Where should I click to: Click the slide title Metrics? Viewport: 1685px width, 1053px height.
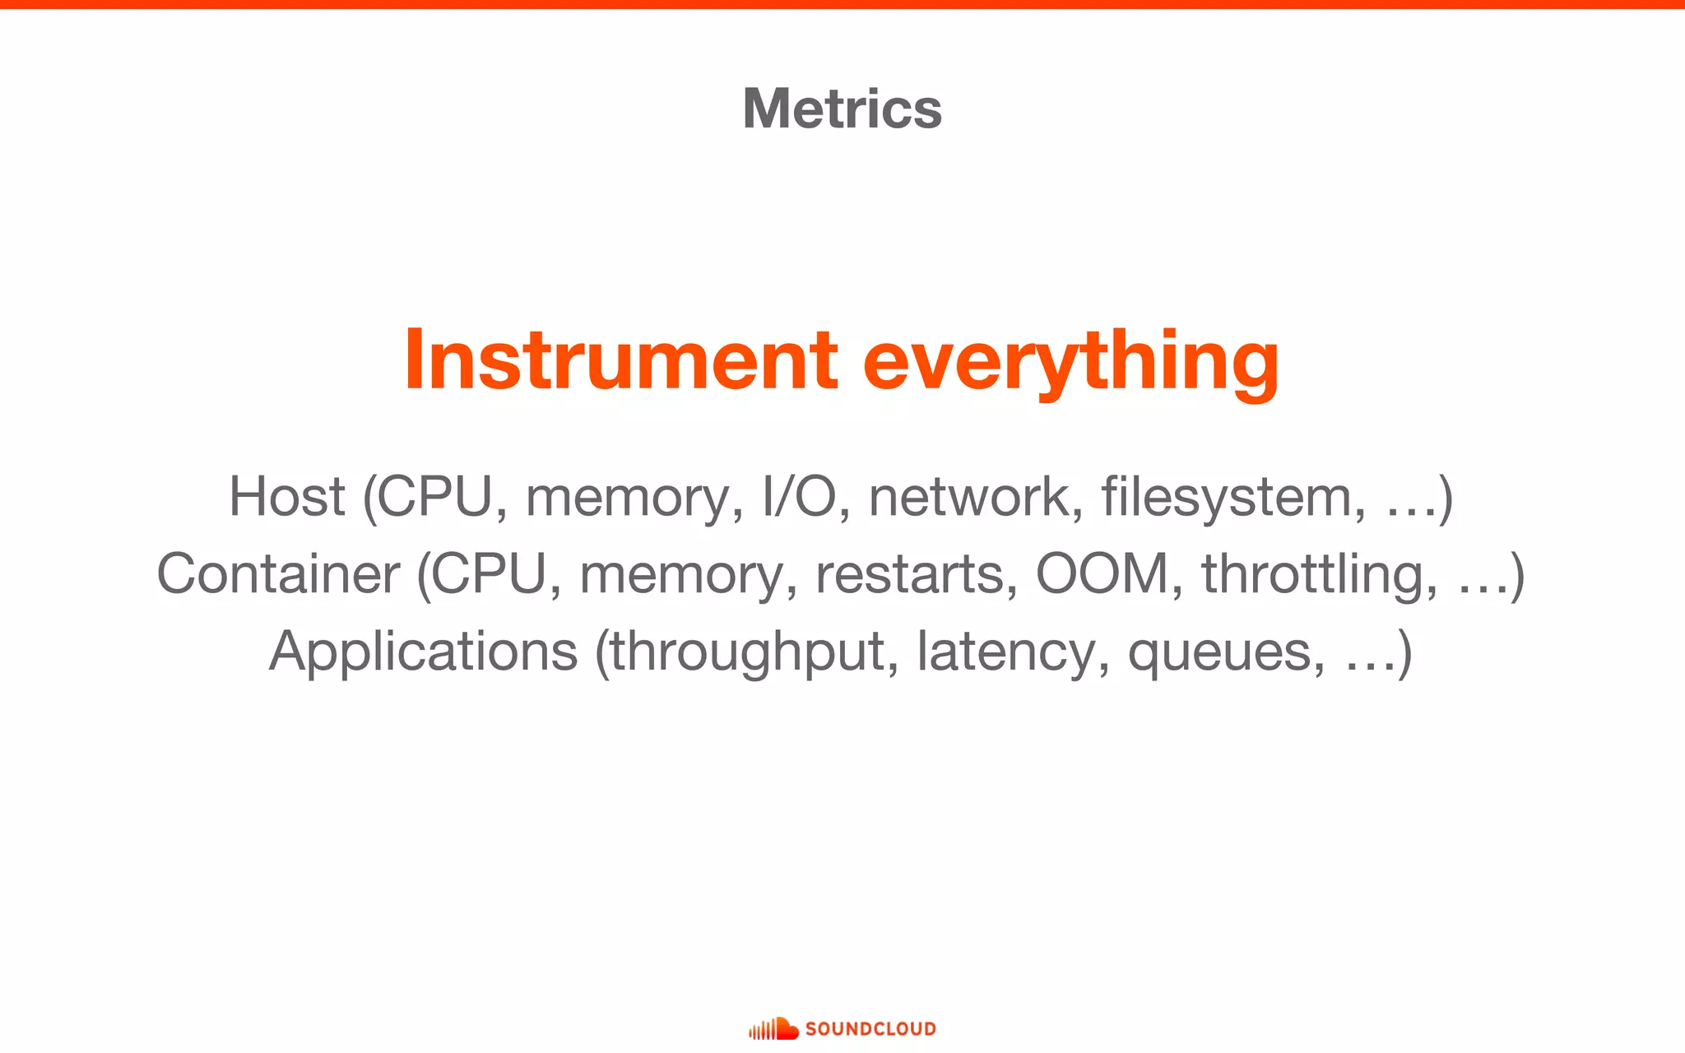(842, 109)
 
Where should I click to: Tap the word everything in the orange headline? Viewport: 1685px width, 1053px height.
(1070, 362)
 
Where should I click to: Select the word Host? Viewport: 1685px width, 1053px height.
(286, 496)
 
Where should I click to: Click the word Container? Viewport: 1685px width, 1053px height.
(278, 573)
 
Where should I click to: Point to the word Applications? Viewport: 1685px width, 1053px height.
(424, 652)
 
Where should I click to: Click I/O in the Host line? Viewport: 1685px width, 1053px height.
(799, 496)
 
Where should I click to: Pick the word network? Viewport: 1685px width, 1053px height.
(969, 496)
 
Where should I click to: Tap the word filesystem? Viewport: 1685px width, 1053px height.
(1227, 496)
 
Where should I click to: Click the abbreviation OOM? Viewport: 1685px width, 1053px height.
(1102, 573)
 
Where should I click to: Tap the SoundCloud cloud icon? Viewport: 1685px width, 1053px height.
(774, 1028)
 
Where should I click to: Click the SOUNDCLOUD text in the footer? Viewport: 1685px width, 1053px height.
(870, 1028)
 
